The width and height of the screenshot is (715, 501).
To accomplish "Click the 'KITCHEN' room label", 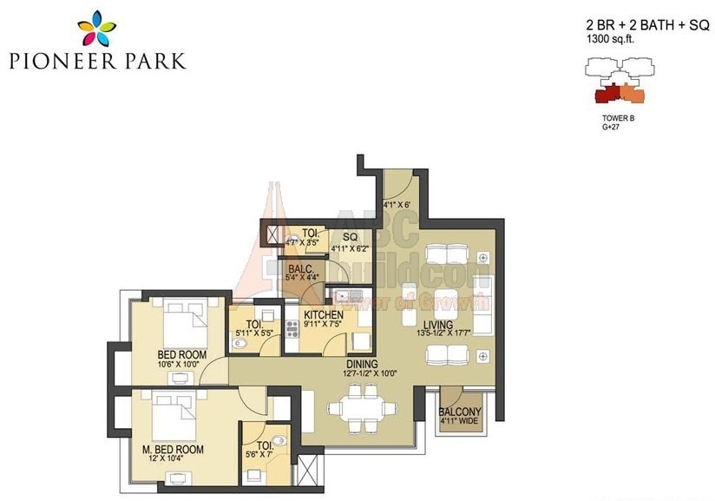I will pyautogui.click(x=324, y=315).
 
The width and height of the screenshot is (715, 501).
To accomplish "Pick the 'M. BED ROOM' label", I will pyautogui.click(x=174, y=450).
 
